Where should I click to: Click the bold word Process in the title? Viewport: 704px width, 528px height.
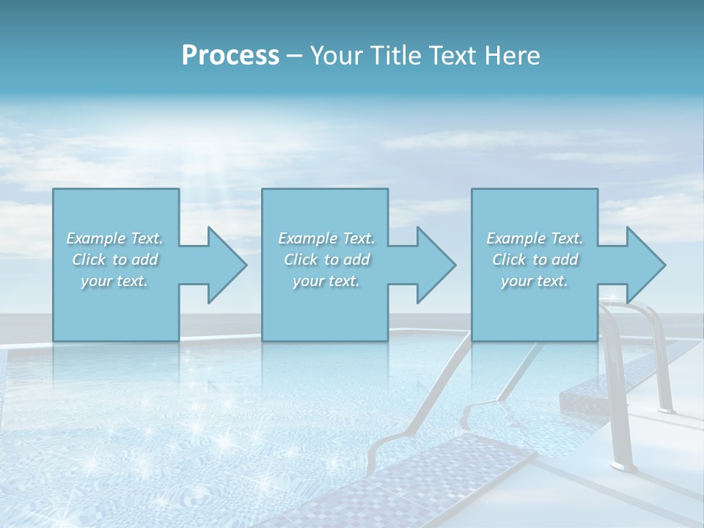click(x=230, y=56)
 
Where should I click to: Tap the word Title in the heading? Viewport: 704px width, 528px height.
click(x=394, y=56)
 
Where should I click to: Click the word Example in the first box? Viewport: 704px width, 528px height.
click(x=96, y=238)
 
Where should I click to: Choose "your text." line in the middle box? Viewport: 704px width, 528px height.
click(x=326, y=281)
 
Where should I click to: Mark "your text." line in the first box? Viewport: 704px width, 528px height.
click(x=114, y=281)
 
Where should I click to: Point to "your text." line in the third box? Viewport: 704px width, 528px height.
click(x=535, y=281)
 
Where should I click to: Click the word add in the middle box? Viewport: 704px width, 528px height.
click(x=356, y=260)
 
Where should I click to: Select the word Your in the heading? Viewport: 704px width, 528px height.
click(x=336, y=56)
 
